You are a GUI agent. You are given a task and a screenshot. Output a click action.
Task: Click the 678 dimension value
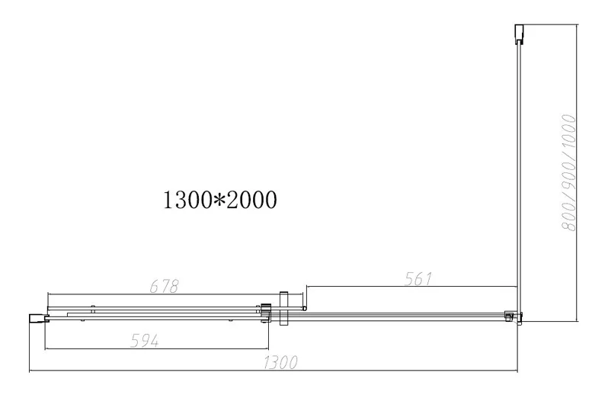click(164, 286)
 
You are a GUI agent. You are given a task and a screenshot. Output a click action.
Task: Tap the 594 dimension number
click(144, 341)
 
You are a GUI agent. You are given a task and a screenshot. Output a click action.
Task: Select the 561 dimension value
click(418, 279)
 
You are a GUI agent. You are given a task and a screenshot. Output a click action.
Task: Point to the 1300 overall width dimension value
click(280, 362)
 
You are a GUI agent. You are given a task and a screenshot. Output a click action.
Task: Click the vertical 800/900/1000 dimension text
click(568, 173)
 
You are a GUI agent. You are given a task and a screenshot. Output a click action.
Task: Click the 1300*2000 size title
click(220, 200)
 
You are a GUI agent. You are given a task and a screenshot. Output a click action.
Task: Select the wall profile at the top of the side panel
click(520, 34)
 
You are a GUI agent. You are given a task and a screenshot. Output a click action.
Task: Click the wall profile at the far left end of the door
click(38, 318)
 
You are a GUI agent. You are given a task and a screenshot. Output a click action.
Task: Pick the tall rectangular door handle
click(283, 308)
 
